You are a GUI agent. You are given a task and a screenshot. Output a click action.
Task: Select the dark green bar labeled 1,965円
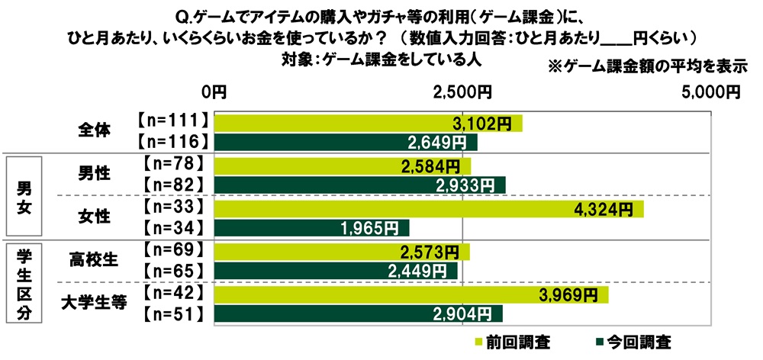click(x=312, y=227)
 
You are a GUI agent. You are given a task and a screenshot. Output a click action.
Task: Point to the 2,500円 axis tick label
click(x=462, y=93)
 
